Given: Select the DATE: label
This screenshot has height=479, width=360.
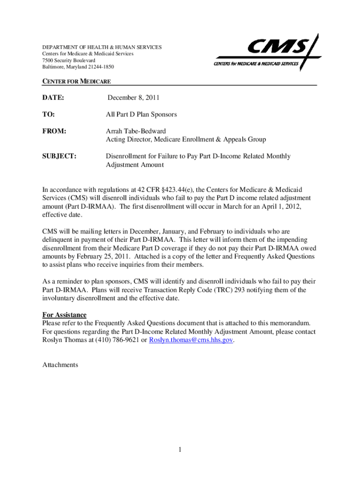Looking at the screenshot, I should point(53,98).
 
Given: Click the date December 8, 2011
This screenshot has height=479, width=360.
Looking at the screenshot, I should point(134,98).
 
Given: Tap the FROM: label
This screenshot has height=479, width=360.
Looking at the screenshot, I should point(54,131).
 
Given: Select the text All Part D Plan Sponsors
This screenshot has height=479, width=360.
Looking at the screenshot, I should point(141,115).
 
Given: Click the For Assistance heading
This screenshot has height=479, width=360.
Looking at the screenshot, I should point(65,315).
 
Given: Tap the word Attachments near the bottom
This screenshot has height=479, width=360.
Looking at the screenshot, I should point(60,364).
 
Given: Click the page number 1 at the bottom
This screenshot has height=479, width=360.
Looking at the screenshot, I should point(179,450).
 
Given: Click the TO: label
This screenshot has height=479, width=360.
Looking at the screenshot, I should point(49,115).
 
